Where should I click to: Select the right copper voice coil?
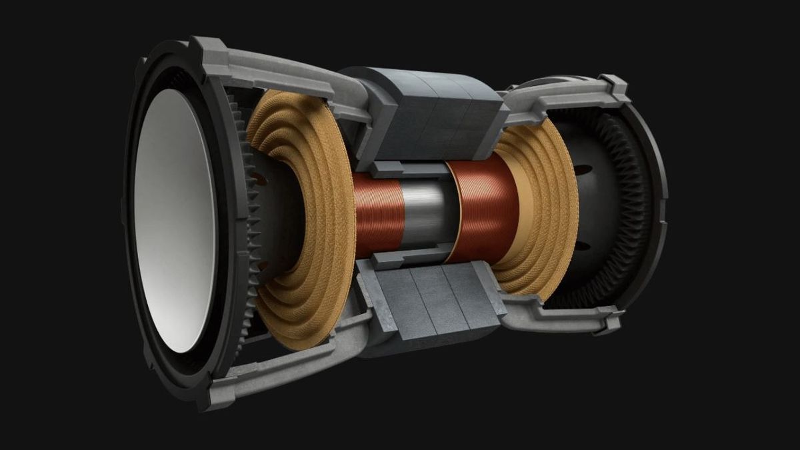coord(483,213)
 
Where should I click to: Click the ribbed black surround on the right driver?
coord(630,200)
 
